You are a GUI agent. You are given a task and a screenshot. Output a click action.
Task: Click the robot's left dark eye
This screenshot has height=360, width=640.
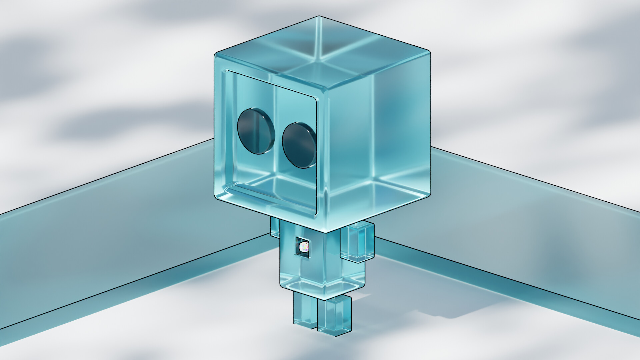[256, 131]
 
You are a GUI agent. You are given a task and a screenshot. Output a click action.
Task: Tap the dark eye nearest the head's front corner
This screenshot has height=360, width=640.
[299, 145]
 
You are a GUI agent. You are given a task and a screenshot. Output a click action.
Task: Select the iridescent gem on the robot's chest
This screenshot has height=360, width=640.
[304, 247]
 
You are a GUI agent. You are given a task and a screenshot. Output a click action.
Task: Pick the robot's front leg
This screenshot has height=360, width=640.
[334, 315]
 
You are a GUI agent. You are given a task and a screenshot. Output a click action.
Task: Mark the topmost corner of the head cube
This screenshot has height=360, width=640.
[319, 16]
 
